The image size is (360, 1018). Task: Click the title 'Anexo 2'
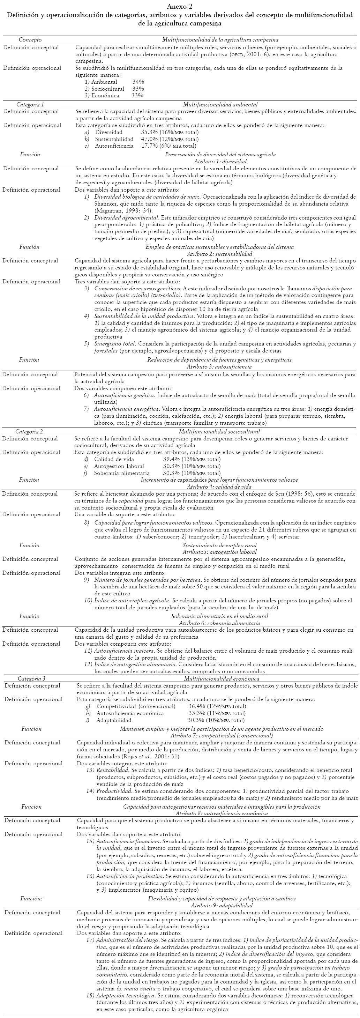click(x=180, y=7)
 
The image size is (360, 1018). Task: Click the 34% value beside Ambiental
click(x=138, y=82)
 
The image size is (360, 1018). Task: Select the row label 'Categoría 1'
click(x=30, y=105)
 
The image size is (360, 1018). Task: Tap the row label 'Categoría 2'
click(x=29, y=432)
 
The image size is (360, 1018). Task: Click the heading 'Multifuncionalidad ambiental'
click(x=220, y=105)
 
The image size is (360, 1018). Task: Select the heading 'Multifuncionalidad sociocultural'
click(x=219, y=432)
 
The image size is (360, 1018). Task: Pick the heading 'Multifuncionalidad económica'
click(x=220, y=678)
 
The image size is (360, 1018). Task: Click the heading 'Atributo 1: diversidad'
click(x=220, y=161)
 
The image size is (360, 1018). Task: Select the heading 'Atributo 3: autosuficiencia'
click(x=219, y=367)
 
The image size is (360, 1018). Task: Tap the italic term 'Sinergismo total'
click(x=115, y=343)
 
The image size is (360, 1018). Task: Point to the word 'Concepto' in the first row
click(x=30, y=40)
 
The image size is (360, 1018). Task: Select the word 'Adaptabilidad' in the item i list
click(x=114, y=720)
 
